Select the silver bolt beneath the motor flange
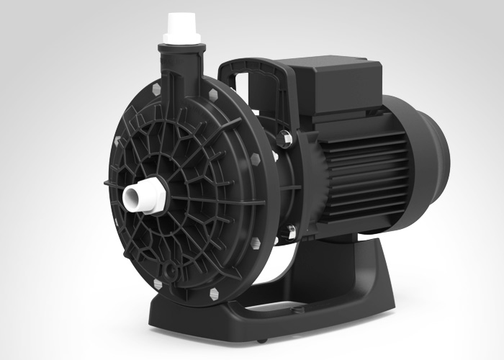(292, 231)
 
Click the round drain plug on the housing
(171, 271)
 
